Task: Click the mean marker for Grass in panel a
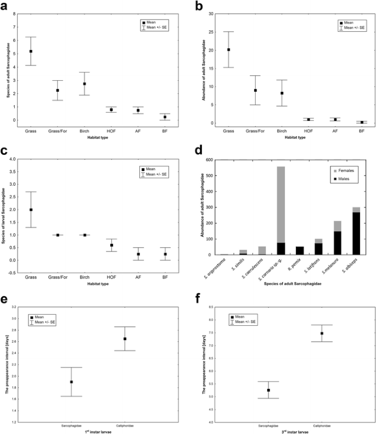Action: click(x=31, y=51)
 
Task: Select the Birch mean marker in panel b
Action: click(x=282, y=93)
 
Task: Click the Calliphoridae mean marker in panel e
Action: click(x=125, y=338)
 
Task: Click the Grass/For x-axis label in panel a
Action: click(x=58, y=132)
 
